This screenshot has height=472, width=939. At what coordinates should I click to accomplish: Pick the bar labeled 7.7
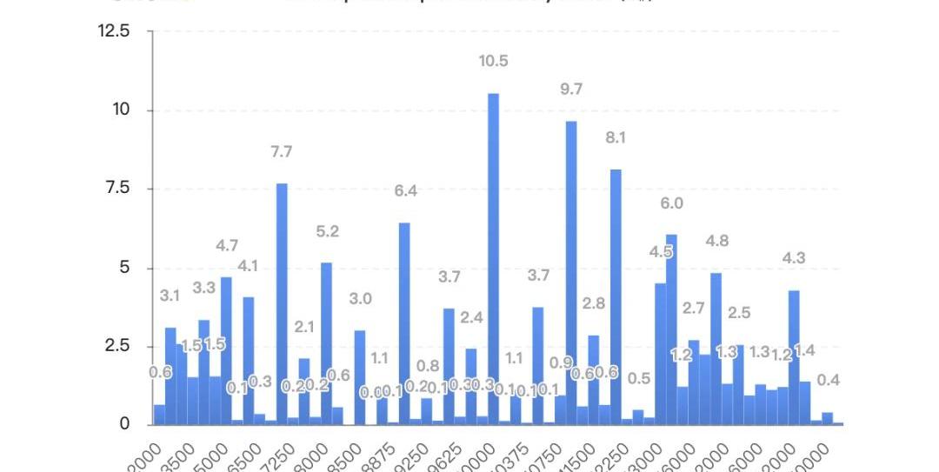click(282, 303)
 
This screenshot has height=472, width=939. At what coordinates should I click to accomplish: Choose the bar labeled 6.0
click(671, 329)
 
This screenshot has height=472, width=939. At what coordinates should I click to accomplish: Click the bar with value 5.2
click(326, 343)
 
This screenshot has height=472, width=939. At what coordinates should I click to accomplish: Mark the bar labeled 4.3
click(794, 357)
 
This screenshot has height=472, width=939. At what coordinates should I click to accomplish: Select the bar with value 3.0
click(360, 377)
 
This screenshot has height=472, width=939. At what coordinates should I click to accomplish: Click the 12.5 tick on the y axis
click(113, 31)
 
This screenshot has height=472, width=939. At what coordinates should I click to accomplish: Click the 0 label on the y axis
click(124, 425)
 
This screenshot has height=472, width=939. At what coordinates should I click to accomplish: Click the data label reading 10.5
click(493, 61)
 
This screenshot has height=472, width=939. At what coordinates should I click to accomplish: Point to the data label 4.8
click(716, 241)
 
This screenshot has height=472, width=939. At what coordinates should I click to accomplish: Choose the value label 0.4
click(829, 380)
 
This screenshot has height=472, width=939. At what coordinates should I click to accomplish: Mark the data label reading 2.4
click(471, 317)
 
